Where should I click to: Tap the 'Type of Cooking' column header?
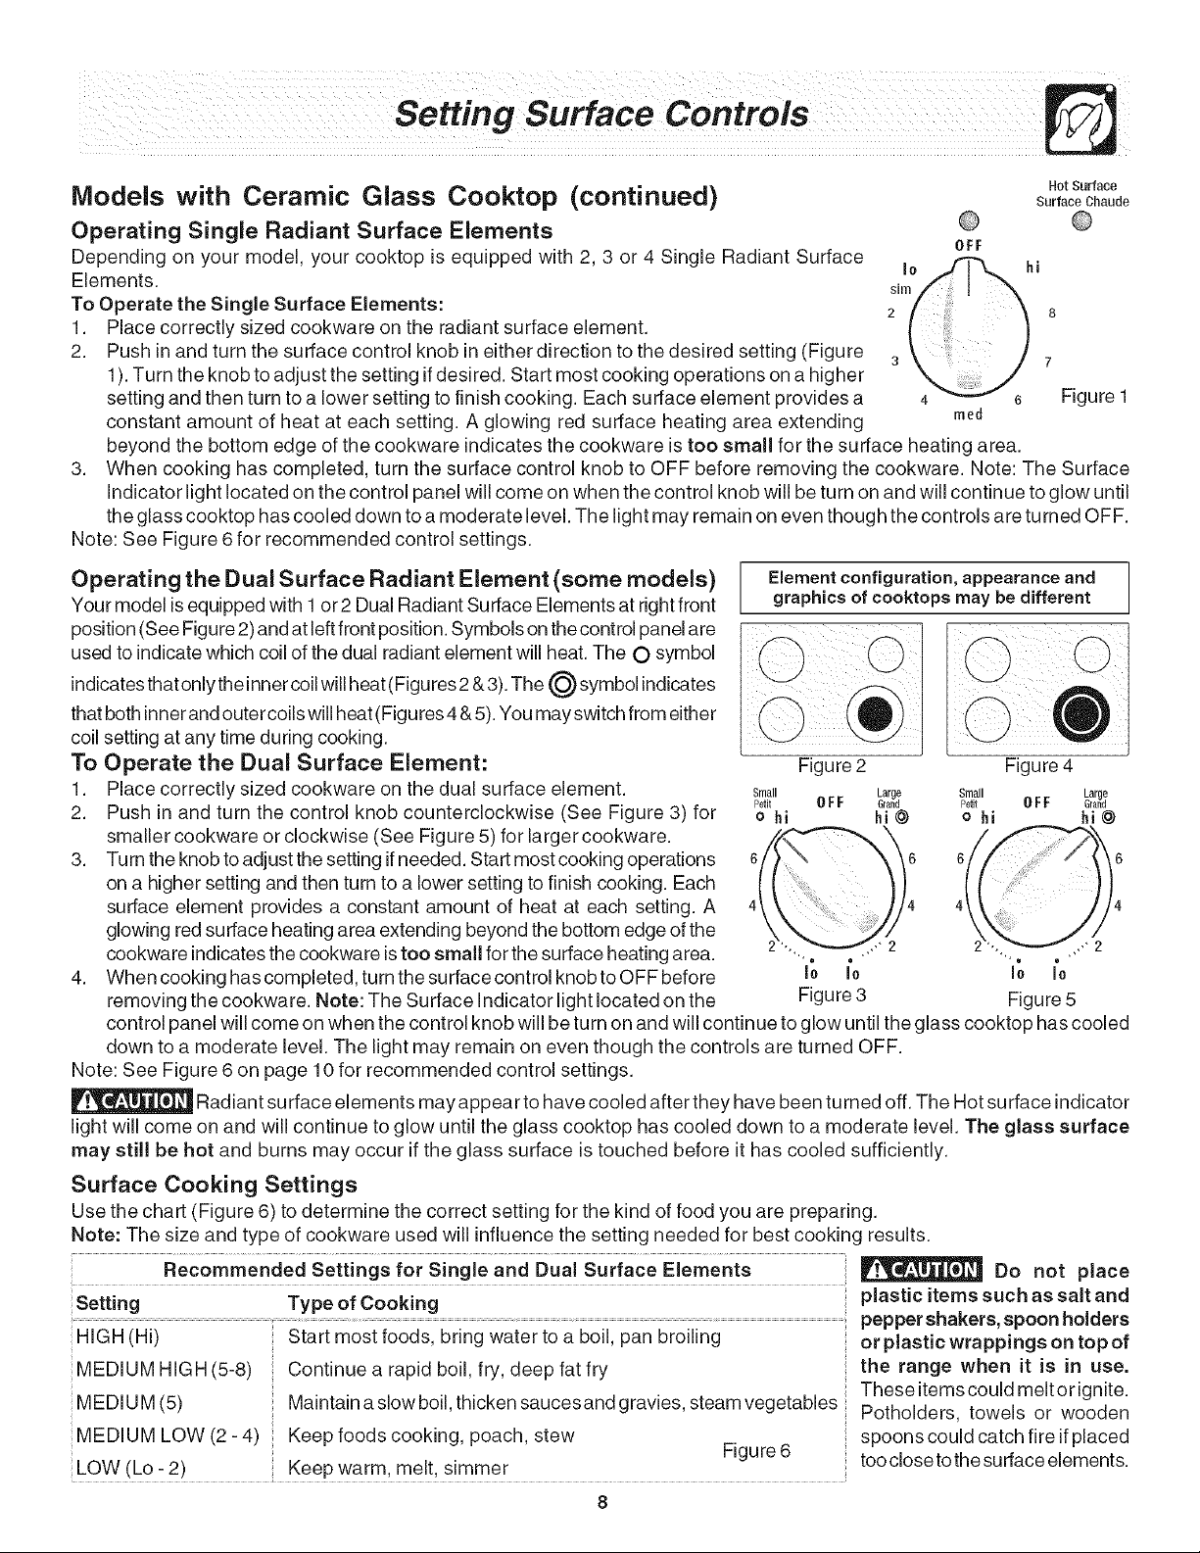[363, 1303]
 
